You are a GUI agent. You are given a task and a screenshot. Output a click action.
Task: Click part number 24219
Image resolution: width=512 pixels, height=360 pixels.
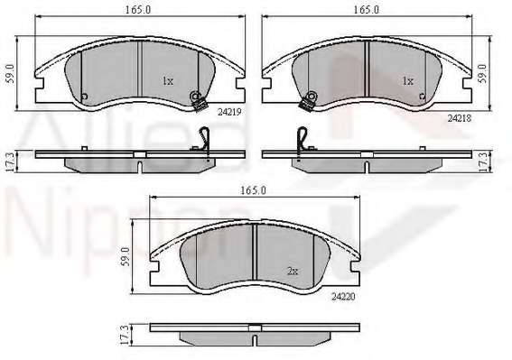coord(229,112)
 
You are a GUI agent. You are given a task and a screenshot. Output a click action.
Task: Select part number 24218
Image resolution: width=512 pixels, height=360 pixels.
coord(460,118)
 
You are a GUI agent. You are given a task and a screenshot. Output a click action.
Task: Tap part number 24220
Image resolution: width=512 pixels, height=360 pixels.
coord(343,297)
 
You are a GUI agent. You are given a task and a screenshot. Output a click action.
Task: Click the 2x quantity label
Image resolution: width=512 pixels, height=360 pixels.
coord(293,271)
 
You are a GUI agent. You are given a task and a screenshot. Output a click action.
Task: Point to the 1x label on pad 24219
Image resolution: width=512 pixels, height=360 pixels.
coord(168,81)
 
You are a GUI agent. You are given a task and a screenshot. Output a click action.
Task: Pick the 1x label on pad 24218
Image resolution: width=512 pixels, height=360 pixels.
coord(408,80)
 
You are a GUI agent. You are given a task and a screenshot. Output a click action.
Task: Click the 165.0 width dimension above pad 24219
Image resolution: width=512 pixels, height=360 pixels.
coord(138,10)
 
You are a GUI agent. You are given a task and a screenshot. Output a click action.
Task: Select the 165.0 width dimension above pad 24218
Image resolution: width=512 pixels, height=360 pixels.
coord(367,10)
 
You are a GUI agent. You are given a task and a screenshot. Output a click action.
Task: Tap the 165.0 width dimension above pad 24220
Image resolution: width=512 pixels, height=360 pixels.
coord(254,190)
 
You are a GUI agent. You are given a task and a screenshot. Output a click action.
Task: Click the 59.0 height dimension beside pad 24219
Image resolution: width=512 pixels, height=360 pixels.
coord(11,74)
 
